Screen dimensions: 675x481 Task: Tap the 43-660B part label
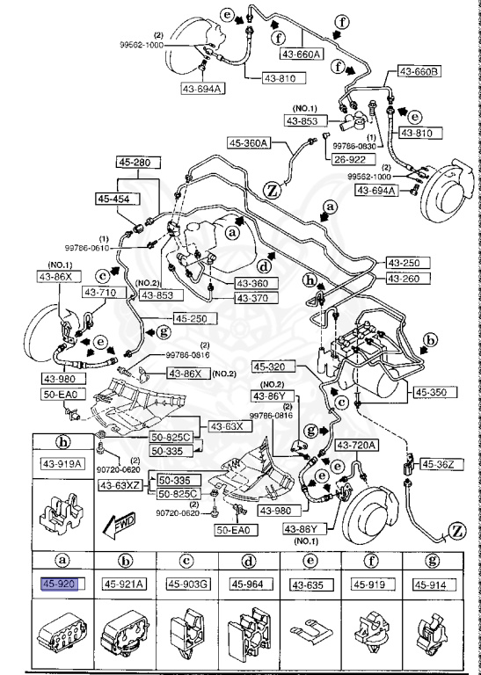pos(420,70)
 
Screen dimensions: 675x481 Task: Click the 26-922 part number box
pos(348,160)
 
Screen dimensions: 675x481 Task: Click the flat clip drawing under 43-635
pos(310,631)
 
